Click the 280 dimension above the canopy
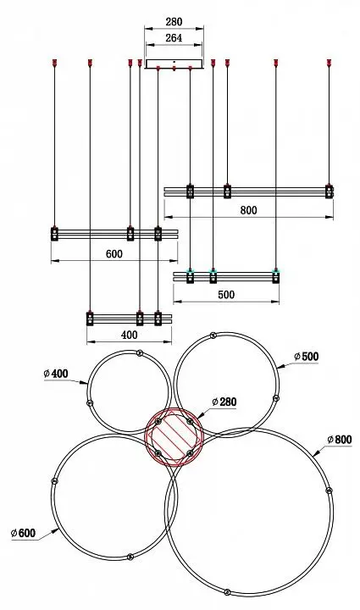[x=174, y=22]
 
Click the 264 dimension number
[x=174, y=38]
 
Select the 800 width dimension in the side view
[x=248, y=210]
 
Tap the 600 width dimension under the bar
[x=114, y=254]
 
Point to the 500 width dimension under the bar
[x=226, y=295]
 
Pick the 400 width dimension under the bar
[x=129, y=335]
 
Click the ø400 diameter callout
[x=56, y=374]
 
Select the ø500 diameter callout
[x=307, y=357]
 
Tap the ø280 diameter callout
[x=224, y=402]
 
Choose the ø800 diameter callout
[x=340, y=440]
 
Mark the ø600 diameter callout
[x=24, y=533]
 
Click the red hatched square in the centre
[x=174, y=438]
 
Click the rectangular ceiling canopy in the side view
[x=174, y=64]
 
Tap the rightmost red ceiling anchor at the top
[x=329, y=62]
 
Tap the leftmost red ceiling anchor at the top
[x=54, y=62]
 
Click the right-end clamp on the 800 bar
[x=330, y=191]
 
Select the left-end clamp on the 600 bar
[x=54, y=234]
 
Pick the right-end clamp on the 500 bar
[x=275, y=276]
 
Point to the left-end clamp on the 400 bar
[x=90, y=319]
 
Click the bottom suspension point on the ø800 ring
[x=227, y=592]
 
